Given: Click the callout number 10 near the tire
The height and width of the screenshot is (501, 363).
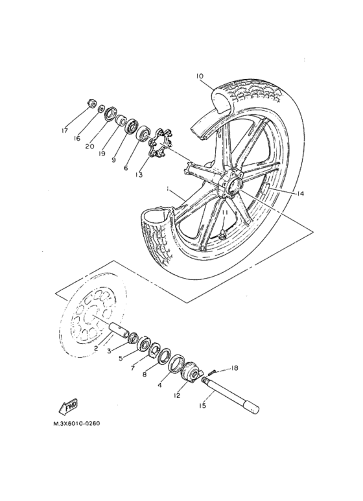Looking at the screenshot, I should coord(200,76).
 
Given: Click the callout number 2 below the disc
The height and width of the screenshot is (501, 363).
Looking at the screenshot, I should coord(96,348).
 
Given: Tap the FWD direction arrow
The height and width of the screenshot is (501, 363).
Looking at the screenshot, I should coord(68,407).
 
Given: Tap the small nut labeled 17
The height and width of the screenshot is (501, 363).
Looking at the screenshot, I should coord(91,104).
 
